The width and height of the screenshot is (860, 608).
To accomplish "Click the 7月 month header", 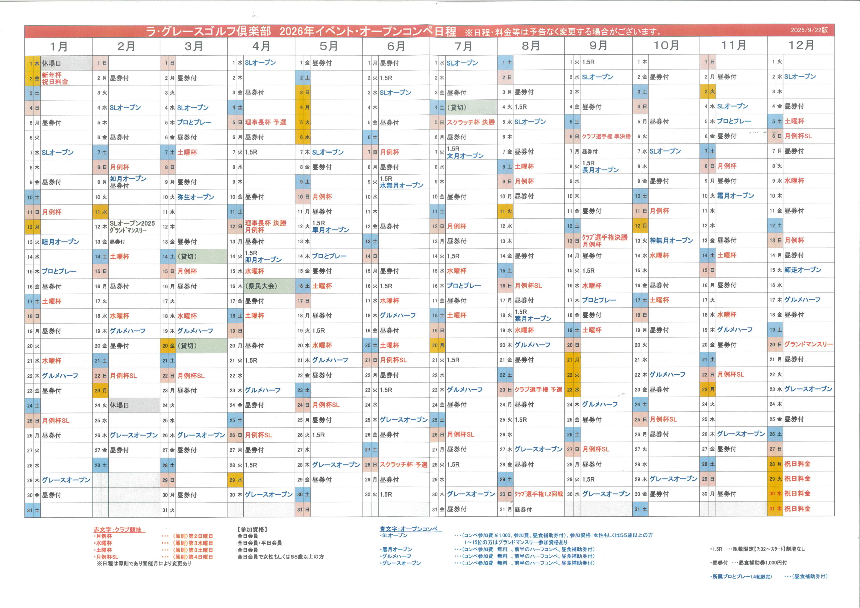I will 463,46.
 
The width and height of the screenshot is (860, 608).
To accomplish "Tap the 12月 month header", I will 801,45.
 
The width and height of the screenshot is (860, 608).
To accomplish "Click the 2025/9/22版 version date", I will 809,30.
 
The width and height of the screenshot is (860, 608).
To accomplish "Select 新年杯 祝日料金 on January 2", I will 55,78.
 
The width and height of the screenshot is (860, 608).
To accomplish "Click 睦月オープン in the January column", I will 60,242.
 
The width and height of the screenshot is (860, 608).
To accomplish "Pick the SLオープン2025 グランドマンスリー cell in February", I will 132,227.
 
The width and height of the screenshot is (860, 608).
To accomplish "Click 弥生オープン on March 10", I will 196,197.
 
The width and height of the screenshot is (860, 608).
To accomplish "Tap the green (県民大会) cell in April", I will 261,286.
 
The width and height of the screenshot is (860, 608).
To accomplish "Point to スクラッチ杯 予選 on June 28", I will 403,465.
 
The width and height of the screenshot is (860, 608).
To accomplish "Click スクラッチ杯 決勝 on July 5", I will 470,122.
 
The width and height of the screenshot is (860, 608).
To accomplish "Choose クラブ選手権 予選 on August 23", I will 538,390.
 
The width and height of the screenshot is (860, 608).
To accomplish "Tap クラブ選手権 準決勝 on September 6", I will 606,136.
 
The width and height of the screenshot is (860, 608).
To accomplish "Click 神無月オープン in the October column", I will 671,241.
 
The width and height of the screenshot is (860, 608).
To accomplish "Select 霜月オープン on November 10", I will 735,196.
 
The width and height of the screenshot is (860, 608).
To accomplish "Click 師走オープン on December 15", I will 803,270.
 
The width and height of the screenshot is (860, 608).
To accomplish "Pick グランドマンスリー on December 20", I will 808,344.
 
